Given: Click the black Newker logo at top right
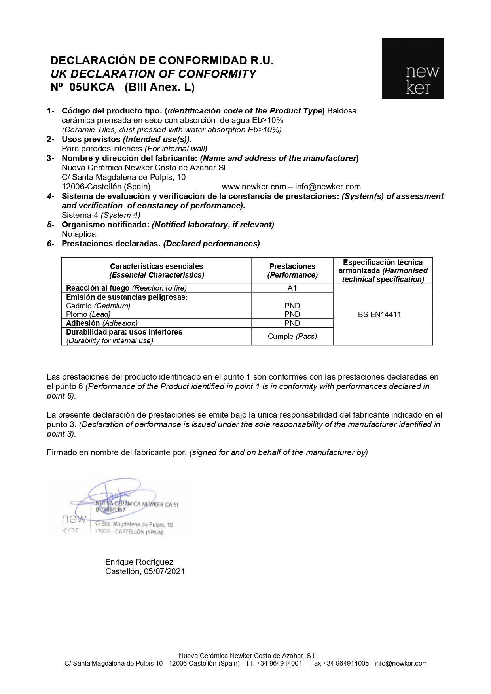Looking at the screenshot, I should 413,69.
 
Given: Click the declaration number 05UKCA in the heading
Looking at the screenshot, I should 91,87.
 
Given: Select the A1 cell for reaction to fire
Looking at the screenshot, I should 292,288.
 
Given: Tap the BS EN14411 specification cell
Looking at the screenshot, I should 379,315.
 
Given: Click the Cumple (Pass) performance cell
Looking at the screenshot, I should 292,337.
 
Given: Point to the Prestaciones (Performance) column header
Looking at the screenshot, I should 292,270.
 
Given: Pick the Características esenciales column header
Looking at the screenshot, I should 156,270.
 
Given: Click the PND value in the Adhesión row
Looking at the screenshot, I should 292,323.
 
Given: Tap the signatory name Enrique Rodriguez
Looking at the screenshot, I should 139,562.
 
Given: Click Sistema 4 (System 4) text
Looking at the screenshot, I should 101,215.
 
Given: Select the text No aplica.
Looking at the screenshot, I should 80,234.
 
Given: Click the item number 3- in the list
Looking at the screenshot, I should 50,158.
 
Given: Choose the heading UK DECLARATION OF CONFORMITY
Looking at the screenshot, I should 153,74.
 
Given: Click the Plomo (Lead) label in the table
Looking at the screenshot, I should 88,314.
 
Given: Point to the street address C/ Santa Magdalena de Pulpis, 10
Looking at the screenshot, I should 123,177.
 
